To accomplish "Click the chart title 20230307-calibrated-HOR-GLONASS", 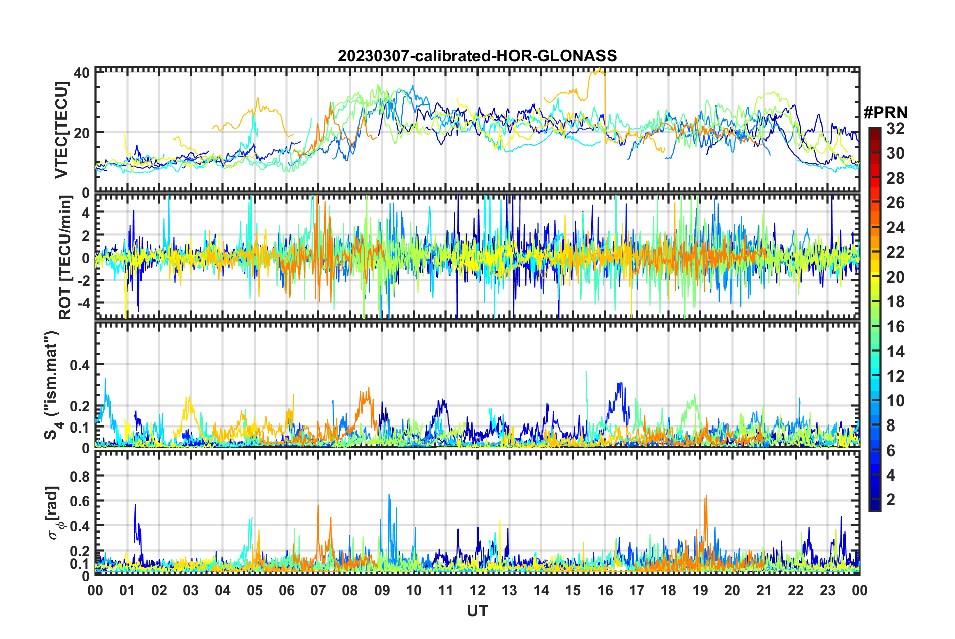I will pyautogui.click(x=477, y=56).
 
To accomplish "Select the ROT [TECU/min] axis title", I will pyautogui.click(x=65, y=258).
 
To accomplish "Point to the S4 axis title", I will pyautogui.click(x=52, y=385).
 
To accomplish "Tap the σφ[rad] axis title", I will pyautogui.click(x=55, y=512).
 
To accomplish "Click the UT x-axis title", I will pyautogui.click(x=477, y=611).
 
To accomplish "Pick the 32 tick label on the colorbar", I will pyautogui.click(x=895, y=129).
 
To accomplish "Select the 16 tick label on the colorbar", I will pyautogui.click(x=895, y=327).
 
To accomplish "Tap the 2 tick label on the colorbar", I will pyautogui.click(x=891, y=499).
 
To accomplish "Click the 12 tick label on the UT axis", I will pyautogui.click(x=477, y=590).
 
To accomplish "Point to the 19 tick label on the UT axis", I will pyautogui.click(x=700, y=590).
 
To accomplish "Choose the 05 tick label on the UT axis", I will pyautogui.click(x=255, y=590).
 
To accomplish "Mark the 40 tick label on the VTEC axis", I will pyautogui.click(x=81, y=73).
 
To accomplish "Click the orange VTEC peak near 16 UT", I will pyautogui.click(x=599, y=70).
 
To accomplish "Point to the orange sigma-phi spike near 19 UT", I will pyautogui.click(x=706, y=497).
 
